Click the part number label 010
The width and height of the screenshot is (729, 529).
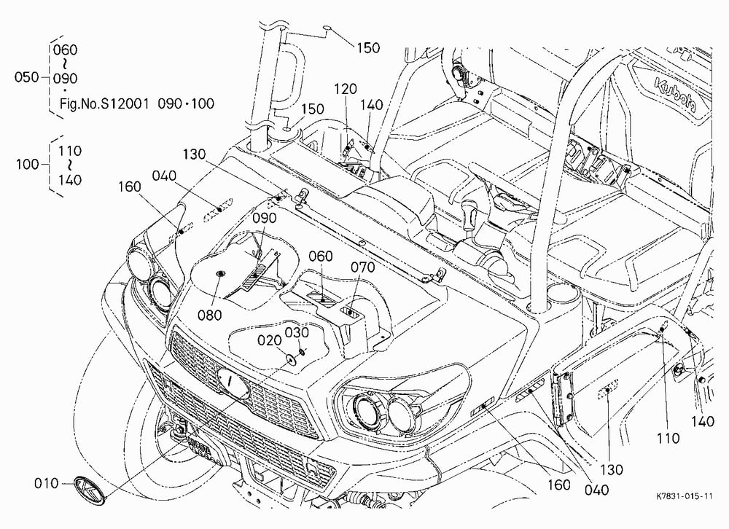click(47, 483)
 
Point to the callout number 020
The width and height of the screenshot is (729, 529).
click(270, 341)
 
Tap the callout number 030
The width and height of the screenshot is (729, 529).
click(297, 333)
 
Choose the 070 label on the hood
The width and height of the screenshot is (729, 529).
click(362, 267)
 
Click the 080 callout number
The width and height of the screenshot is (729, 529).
click(210, 316)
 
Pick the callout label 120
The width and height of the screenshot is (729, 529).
click(346, 89)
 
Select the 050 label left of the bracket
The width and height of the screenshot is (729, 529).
click(26, 77)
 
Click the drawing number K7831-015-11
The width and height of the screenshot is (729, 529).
click(685, 496)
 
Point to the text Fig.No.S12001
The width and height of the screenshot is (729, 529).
click(104, 103)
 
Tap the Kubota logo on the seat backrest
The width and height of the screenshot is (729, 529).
click(676, 95)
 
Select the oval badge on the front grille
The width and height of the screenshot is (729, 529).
click(233, 382)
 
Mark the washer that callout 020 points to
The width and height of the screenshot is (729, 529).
click(292, 359)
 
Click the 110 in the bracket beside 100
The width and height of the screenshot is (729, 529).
click(70, 151)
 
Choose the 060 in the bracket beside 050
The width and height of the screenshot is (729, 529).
click(65, 50)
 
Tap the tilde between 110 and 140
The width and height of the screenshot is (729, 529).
click(70, 165)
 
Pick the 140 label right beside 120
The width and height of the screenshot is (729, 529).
click(371, 105)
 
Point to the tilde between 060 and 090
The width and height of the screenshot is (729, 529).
click(65, 63)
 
